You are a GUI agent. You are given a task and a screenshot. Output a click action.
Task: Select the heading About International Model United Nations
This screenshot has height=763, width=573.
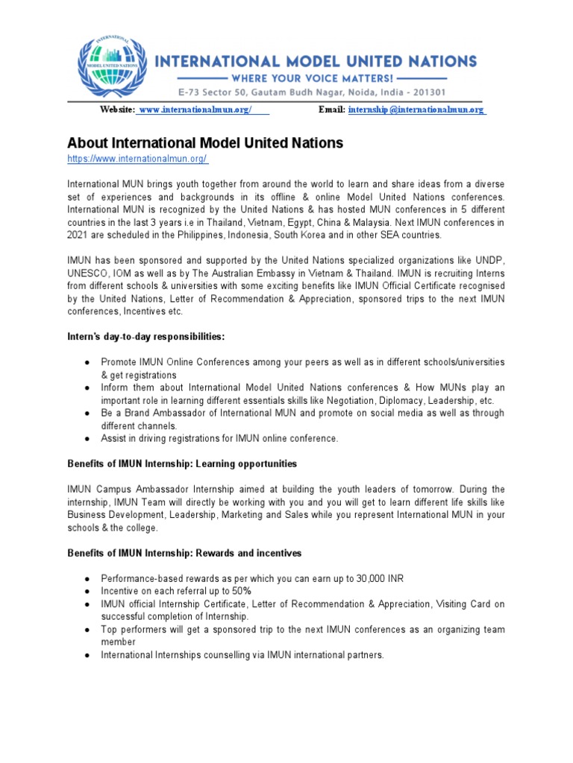(x=205, y=142)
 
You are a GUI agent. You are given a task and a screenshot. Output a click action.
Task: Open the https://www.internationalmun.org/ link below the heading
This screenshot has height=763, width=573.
(x=137, y=159)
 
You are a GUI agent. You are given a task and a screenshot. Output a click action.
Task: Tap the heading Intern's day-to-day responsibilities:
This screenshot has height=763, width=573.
(x=145, y=338)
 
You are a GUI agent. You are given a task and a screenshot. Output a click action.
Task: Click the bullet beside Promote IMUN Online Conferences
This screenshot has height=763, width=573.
(x=87, y=362)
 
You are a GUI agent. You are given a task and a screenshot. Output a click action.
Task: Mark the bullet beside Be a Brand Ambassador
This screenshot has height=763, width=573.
(x=87, y=414)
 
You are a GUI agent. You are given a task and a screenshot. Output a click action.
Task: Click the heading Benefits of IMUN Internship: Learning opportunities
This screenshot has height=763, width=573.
(x=182, y=463)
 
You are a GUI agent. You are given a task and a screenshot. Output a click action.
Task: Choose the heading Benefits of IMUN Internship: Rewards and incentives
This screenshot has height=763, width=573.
(x=184, y=553)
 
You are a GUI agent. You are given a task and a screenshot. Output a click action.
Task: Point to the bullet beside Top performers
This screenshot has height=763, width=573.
(x=87, y=630)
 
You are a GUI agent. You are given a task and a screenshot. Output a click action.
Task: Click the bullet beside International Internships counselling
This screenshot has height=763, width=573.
(x=87, y=655)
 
